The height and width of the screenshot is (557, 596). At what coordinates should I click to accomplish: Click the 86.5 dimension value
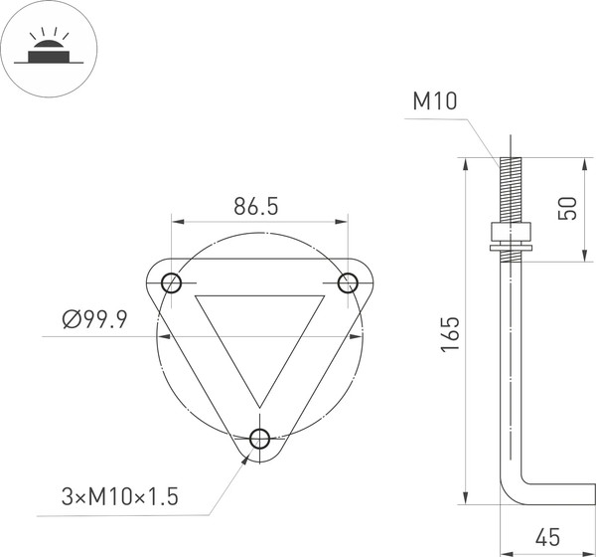[255, 207]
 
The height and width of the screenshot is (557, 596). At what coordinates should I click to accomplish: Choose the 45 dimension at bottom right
[546, 536]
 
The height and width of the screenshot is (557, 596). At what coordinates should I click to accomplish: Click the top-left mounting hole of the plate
[171, 282]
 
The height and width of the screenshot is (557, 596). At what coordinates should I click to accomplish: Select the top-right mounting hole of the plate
[348, 283]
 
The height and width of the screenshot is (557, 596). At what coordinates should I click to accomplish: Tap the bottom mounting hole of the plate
[261, 439]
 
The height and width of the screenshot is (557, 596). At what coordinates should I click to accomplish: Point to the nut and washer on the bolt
[509, 239]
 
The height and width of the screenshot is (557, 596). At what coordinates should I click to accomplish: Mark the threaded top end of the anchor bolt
[509, 189]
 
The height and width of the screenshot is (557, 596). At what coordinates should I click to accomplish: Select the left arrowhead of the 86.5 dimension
[176, 220]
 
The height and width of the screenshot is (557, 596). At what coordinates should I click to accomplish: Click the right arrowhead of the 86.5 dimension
[343, 220]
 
